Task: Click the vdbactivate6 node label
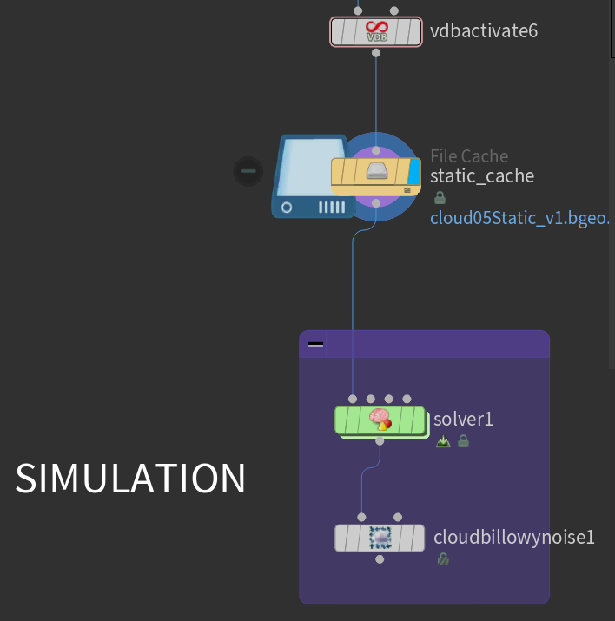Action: click(484, 31)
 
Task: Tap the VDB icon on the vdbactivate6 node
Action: click(376, 32)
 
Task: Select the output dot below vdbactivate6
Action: click(376, 53)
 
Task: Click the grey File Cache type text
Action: click(469, 156)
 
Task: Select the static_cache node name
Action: click(482, 176)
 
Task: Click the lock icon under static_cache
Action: click(439, 197)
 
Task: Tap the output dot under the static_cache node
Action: click(376, 202)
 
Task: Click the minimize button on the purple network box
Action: click(316, 344)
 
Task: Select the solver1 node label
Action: click(465, 419)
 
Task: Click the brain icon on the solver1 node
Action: click(380, 420)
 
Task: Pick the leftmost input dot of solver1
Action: click(353, 399)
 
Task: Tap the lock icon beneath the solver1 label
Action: click(463, 441)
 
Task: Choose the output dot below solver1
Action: click(380, 441)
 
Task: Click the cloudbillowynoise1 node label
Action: click(514, 537)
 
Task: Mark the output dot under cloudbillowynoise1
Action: click(380, 559)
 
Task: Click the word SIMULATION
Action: click(130, 479)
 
